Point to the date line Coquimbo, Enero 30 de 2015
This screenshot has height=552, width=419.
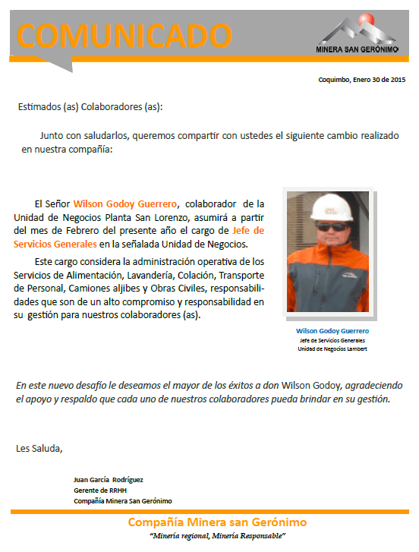(362, 79)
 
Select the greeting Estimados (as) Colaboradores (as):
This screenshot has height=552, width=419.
(90, 107)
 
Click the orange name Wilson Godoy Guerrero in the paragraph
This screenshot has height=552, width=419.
(126, 203)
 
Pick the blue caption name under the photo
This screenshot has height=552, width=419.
(332, 331)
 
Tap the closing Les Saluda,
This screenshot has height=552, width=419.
(39, 449)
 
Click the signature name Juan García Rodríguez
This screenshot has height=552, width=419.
(109, 479)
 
